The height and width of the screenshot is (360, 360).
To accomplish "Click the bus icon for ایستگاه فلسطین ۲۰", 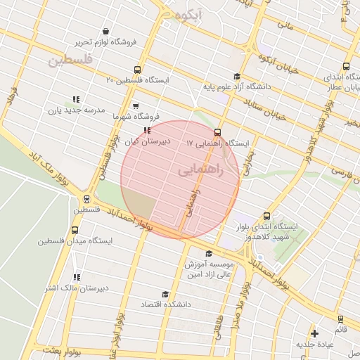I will click(136, 70).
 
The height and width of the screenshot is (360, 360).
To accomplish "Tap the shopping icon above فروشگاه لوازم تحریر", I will click(105, 32).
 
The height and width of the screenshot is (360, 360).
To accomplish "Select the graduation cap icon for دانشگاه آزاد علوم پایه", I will click(236, 77).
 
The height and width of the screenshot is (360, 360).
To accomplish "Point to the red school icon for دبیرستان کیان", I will click(146, 131).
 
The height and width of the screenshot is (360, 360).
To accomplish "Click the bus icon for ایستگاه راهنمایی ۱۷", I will click(217, 132).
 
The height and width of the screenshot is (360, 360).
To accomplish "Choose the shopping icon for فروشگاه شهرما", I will click(135, 106).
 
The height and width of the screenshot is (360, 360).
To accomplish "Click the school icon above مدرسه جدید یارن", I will click(76, 100).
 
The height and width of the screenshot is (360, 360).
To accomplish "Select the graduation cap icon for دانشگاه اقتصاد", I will click(165, 294).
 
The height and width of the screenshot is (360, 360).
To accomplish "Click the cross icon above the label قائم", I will click(314, 333).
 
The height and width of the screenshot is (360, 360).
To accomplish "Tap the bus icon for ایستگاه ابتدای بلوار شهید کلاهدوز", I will click(266, 217).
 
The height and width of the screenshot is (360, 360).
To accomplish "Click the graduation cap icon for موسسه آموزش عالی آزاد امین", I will click(208, 254).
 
